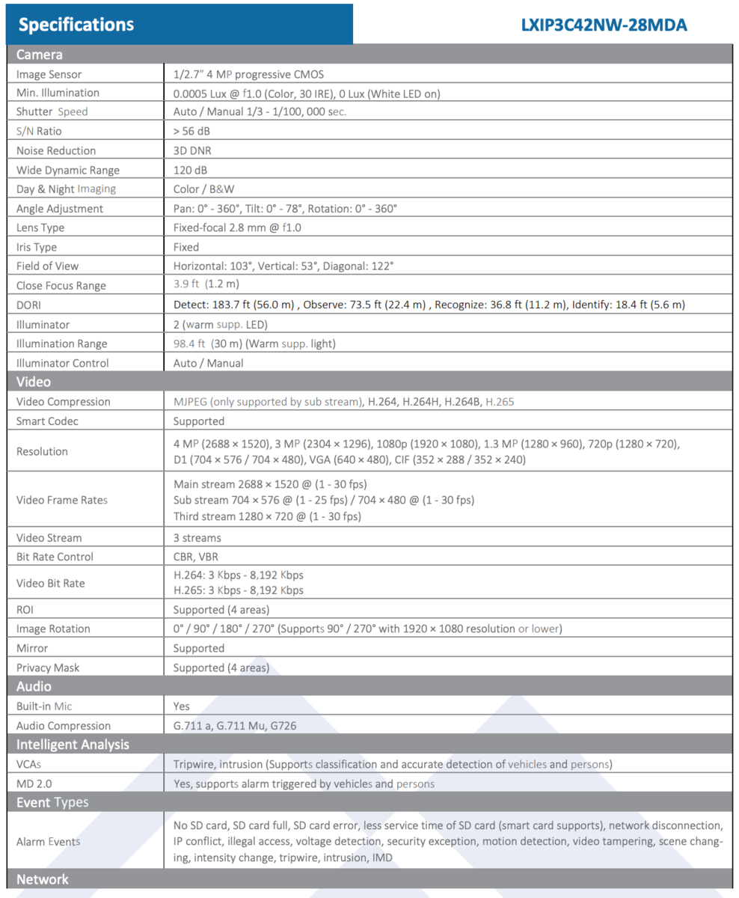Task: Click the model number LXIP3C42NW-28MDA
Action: coord(604,25)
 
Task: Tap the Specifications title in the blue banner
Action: coord(76,25)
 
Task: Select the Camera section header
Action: coord(40,55)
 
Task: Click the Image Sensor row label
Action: coord(49,74)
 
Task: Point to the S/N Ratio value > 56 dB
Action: coord(192,131)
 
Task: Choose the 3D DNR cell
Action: coord(191,150)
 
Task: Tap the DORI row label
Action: coord(30,305)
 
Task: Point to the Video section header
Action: coord(34,382)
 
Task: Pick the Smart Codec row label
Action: coord(47,421)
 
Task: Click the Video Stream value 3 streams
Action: coord(197,537)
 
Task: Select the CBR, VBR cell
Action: coord(196,557)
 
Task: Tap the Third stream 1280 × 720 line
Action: coord(267,516)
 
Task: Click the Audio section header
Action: coord(34,686)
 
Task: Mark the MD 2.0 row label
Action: coord(34,784)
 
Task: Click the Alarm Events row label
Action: coord(48,841)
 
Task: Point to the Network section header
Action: coord(43,879)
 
